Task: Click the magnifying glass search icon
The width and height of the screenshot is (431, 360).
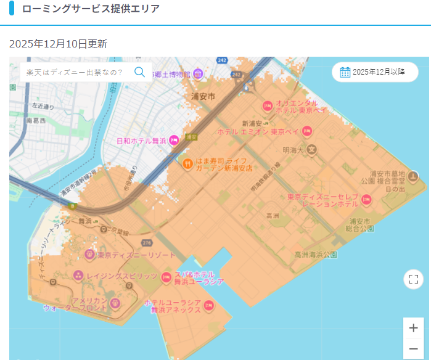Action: point(139,72)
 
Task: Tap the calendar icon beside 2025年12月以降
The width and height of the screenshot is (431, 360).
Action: point(345,72)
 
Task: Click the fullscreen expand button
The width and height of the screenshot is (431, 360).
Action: point(413,279)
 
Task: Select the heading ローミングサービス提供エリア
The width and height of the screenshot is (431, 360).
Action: point(91,9)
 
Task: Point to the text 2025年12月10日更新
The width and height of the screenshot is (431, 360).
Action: point(59,44)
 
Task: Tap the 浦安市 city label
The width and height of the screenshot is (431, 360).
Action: point(203,97)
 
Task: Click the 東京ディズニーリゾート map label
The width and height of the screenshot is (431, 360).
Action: point(136,255)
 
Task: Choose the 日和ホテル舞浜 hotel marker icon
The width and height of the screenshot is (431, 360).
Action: point(174,141)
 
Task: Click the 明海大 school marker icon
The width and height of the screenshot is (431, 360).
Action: point(313,149)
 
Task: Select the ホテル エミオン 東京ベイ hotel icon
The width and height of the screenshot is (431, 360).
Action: point(306,131)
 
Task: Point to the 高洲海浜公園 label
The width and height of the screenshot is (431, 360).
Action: point(316,254)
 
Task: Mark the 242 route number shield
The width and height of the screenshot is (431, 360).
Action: point(223,60)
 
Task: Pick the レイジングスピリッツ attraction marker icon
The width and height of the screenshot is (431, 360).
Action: point(78,276)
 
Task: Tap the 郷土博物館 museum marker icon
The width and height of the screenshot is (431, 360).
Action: point(198,75)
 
